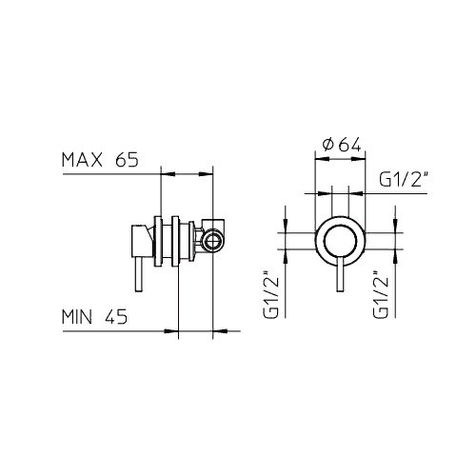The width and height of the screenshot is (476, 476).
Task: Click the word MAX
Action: coord(82,160)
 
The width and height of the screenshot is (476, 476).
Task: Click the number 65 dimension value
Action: coord(128,160)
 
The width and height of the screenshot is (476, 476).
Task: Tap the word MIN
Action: coord(77,316)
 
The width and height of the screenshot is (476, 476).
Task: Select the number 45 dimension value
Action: coord(116,316)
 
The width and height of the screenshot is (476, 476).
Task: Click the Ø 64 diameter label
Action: coord(342,145)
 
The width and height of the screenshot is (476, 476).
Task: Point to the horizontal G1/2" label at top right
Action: coord(405,180)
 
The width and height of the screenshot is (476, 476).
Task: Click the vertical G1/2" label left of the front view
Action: coord(271,294)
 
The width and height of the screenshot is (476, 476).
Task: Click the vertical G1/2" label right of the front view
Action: coord(381,294)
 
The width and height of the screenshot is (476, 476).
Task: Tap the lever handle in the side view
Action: coord(138,273)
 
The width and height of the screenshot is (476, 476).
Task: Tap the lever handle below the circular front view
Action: coord(340,273)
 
